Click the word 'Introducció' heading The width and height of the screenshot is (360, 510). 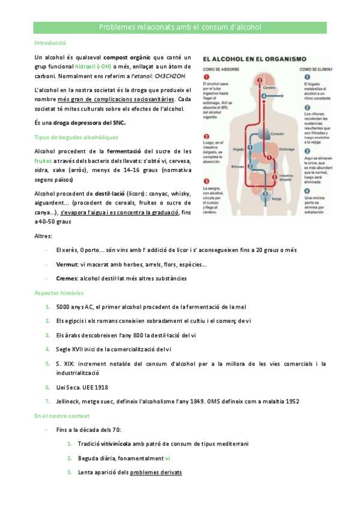point(50,43)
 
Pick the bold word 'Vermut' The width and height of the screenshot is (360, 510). point(67,264)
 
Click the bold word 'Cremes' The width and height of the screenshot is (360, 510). point(67,278)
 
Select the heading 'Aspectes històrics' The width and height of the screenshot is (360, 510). point(59,292)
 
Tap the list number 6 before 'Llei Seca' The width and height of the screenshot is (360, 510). point(47,387)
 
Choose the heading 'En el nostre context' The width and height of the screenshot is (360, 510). point(62,416)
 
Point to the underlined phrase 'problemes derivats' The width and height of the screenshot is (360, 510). point(156,472)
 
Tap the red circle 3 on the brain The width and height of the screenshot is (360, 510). point(259,80)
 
